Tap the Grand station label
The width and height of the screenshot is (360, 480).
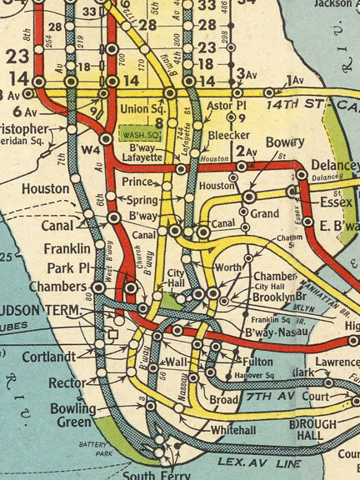pos(265,213)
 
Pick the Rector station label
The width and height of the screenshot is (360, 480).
pos(67,382)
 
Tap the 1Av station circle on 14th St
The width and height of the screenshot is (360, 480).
pos(268,92)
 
